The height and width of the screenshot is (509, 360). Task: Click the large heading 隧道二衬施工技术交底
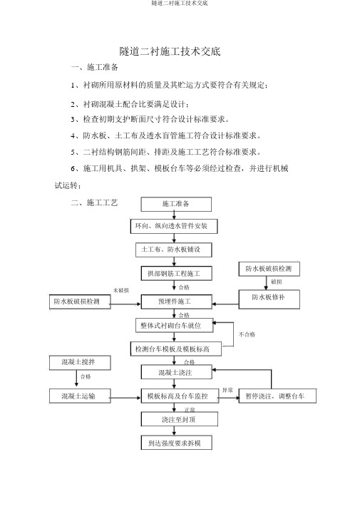[x=170, y=51]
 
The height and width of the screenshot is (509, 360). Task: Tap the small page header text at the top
[x=180, y=3]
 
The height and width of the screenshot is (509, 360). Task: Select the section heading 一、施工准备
[x=95, y=67]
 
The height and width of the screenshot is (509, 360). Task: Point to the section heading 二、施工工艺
[x=95, y=203]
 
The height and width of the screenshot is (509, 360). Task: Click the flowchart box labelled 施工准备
[x=176, y=204]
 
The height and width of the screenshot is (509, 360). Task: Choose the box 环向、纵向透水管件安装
[x=174, y=226]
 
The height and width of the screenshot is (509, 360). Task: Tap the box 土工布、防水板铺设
[x=174, y=250]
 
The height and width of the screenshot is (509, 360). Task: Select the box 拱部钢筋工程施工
[x=177, y=273]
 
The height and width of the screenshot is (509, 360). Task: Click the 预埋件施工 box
[x=177, y=302]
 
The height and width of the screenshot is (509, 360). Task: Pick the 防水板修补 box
[x=269, y=299]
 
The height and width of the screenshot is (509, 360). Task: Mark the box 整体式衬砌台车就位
[x=175, y=325]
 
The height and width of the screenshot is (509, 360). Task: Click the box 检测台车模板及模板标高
[x=176, y=349]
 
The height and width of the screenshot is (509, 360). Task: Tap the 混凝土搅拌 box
[x=80, y=363]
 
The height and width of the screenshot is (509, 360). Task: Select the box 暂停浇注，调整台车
[x=277, y=396]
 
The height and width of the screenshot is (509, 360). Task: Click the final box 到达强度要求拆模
[x=177, y=443]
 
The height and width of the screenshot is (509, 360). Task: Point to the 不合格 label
[x=247, y=334]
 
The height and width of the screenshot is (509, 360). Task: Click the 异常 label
[x=228, y=390]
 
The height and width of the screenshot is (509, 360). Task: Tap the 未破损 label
[x=121, y=290]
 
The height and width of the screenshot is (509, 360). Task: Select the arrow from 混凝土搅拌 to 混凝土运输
[x=76, y=378]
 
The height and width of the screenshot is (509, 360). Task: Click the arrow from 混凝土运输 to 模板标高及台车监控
[x=126, y=397]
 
